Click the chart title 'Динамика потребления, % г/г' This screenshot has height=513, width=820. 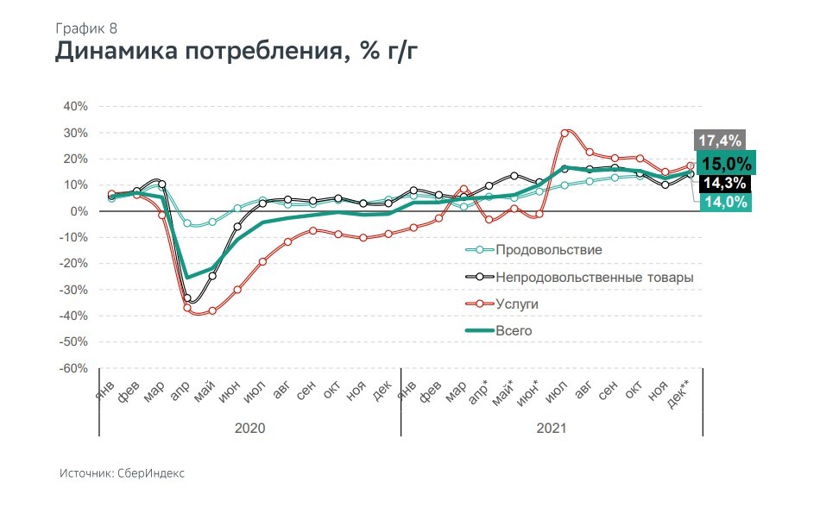(x=237, y=53)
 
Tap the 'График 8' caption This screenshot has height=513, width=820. (x=87, y=28)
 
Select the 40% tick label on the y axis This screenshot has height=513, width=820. (x=73, y=107)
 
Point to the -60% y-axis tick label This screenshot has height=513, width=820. (x=72, y=369)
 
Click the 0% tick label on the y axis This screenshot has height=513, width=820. (x=78, y=211)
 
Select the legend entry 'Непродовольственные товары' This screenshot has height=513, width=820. (x=595, y=277)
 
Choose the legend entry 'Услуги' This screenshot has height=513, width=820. (x=517, y=304)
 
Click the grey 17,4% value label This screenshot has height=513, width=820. (x=718, y=141)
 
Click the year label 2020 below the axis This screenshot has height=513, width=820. (x=250, y=428)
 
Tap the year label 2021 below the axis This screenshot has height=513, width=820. (x=550, y=428)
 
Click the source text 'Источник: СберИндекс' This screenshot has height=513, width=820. (x=122, y=473)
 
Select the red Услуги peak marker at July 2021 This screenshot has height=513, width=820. (x=565, y=133)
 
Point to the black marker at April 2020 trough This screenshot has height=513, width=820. (x=187, y=297)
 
